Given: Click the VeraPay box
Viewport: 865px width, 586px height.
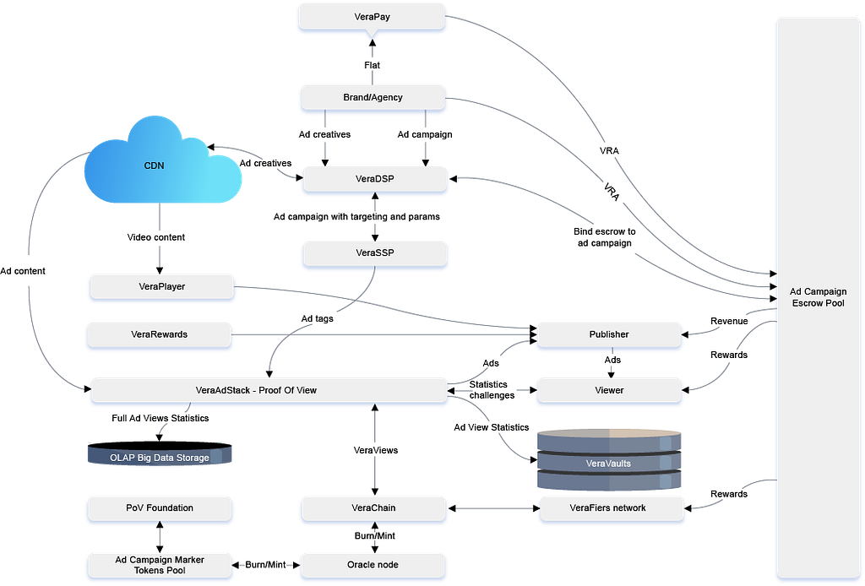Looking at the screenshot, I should [373, 17].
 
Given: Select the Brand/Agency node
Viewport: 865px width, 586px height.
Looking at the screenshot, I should [373, 97].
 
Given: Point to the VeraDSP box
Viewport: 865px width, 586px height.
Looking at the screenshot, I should [373, 178].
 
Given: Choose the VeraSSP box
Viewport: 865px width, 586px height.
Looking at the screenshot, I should [373, 252].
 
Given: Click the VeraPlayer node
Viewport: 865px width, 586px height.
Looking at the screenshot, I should [160, 286].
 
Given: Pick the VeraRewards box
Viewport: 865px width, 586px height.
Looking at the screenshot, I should [159, 334].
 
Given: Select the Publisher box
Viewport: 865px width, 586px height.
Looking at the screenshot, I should [608, 334].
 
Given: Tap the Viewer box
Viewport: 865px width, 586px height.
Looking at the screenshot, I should [608, 390].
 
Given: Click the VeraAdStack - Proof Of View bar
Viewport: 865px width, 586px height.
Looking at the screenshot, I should [267, 390].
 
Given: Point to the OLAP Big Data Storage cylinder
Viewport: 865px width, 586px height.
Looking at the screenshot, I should [159, 457].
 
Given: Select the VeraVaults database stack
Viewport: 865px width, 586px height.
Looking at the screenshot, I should [608, 460].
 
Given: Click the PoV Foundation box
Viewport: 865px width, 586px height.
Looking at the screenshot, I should [159, 507].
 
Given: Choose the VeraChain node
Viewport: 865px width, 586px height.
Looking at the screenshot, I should [373, 507].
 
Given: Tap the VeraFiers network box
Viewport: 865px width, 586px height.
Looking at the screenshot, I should [608, 507].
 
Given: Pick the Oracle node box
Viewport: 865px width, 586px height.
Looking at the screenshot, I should [373, 564].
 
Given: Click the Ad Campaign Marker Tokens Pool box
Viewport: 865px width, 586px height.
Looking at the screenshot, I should [159, 564].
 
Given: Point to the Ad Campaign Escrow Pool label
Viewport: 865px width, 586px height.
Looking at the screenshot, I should [818, 297].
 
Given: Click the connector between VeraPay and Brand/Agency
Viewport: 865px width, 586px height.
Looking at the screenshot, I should [372, 57].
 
